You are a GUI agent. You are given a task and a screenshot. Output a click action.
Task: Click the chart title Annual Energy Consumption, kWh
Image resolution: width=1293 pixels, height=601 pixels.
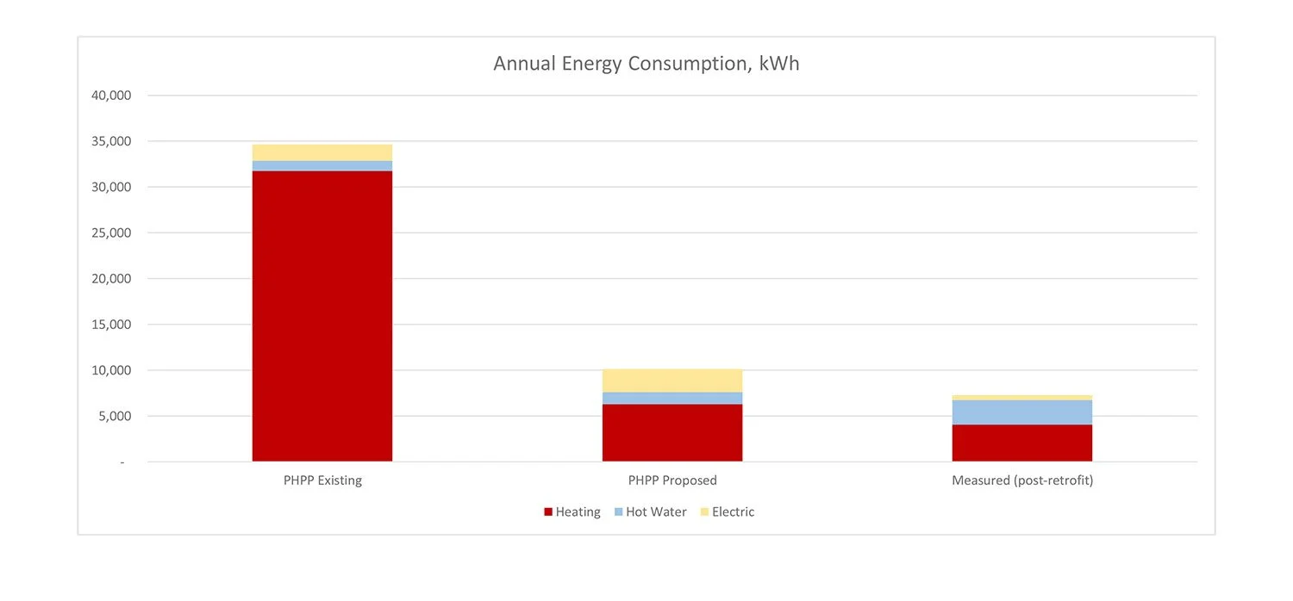click(646, 64)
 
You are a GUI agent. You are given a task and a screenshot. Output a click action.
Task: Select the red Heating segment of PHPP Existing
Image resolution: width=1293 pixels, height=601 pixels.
click(322, 316)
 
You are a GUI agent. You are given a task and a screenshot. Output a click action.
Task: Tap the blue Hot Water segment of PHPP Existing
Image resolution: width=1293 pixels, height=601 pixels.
click(322, 165)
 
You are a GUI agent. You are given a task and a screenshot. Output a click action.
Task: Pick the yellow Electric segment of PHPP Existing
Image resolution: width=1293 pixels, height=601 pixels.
click(322, 152)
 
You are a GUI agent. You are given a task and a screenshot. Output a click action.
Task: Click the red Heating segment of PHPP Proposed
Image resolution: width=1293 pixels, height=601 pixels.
click(671, 433)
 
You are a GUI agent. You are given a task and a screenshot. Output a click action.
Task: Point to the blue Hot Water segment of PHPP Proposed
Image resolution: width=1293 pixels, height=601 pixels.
click(671, 398)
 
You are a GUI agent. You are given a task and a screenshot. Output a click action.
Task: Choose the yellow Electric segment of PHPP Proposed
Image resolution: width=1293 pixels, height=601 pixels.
click(671, 381)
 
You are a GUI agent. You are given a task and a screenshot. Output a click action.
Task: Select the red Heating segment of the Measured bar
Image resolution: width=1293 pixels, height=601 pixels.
click(1021, 443)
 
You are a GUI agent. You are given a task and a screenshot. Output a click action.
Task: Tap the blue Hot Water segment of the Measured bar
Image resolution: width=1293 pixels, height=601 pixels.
click(1021, 412)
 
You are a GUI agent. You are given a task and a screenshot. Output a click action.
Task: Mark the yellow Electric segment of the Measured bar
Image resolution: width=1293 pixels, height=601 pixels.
click(1021, 397)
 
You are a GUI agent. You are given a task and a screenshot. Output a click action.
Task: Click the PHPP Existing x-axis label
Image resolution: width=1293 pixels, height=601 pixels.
click(322, 480)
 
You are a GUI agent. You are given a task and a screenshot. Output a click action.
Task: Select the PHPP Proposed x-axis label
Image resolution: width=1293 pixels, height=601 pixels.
click(671, 480)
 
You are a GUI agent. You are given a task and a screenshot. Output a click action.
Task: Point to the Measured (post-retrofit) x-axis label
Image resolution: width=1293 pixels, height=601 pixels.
click(1021, 480)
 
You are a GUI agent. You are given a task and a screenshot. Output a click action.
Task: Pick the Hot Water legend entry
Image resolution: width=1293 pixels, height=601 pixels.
click(650, 512)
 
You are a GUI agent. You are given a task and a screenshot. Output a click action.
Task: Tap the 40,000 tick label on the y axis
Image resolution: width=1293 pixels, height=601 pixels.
click(111, 96)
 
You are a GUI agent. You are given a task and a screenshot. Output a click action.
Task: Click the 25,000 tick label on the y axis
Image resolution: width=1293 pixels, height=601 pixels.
click(111, 233)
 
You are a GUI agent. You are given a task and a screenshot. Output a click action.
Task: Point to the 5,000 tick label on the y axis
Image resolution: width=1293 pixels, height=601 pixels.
click(115, 417)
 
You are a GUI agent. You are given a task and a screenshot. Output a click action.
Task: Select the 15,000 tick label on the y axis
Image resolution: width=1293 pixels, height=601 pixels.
click(111, 325)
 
